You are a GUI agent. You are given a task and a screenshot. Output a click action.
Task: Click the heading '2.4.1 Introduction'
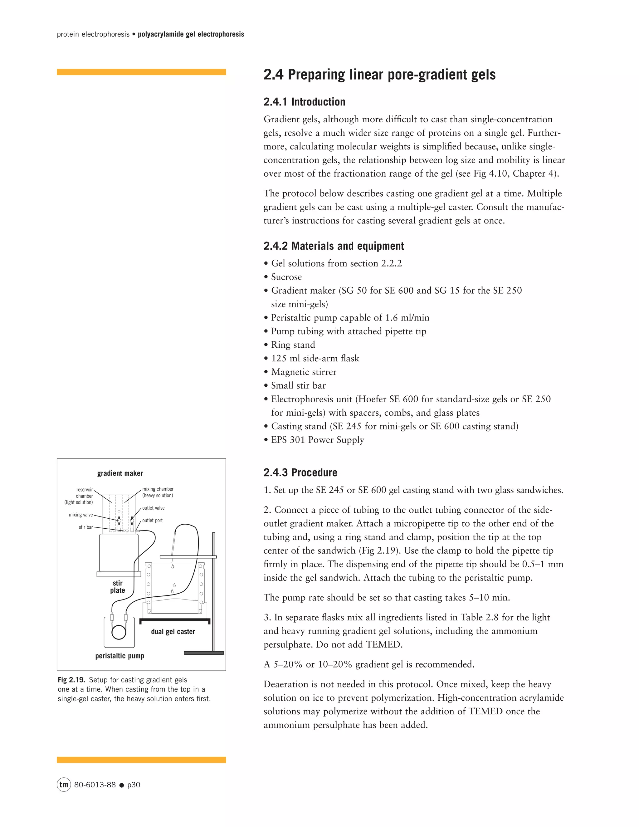(x=304, y=102)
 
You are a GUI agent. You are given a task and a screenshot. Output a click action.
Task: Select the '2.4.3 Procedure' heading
(x=300, y=472)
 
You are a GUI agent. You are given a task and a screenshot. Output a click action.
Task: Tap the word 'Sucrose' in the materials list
(x=286, y=277)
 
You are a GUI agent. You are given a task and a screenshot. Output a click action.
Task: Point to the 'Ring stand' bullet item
(x=293, y=345)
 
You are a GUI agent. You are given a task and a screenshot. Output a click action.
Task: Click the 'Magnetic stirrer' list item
(x=304, y=372)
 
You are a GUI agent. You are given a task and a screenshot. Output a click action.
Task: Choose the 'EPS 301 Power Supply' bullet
(x=317, y=440)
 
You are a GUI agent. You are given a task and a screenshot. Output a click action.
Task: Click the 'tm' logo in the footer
(x=64, y=785)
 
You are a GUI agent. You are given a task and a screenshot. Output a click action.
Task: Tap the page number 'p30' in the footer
(x=134, y=785)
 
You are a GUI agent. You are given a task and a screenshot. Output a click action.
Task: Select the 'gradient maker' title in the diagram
(x=120, y=473)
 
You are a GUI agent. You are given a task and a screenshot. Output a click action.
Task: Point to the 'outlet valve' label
(x=153, y=508)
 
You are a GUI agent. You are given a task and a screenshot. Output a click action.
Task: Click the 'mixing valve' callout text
(x=80, y=515)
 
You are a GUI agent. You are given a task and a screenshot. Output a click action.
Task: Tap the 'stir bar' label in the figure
(x=85, y=527)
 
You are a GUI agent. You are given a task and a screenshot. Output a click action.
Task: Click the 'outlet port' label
(x=152, y=520)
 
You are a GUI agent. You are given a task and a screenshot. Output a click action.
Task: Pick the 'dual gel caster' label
(x=173, y=632)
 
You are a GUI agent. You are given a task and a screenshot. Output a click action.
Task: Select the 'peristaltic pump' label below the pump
(x=120, y=656)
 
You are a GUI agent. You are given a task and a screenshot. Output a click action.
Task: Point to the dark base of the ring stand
(x=203, y=653)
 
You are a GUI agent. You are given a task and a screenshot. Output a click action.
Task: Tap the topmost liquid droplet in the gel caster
(x=173, y=566)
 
